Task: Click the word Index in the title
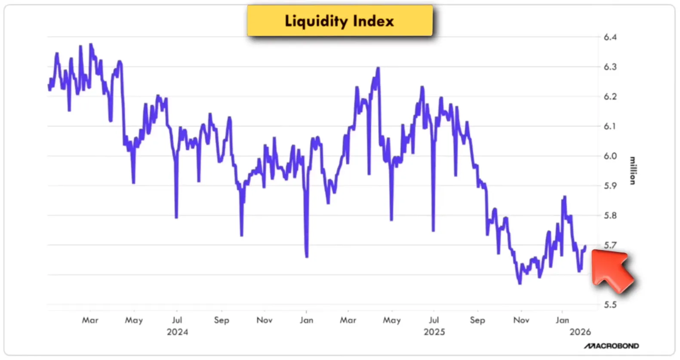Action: [373, 21]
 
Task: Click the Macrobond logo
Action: [611, 346]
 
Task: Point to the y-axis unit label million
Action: [632, 171]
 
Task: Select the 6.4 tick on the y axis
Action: [610, 37]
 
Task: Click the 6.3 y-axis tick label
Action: [610, 67]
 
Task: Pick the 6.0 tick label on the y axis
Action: [610, 156]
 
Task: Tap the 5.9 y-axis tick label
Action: [610, 186]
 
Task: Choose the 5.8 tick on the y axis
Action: [610, 215]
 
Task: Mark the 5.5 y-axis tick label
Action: [610, 305]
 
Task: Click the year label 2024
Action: [177, 332]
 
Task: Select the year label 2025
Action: [434, 332]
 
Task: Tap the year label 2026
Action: [580, 332]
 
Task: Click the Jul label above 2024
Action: [177, 320]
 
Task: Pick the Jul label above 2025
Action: [434, 320]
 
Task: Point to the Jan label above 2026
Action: [562, 320]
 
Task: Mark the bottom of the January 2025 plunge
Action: [307, 257]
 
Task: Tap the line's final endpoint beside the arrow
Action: [585, 246]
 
